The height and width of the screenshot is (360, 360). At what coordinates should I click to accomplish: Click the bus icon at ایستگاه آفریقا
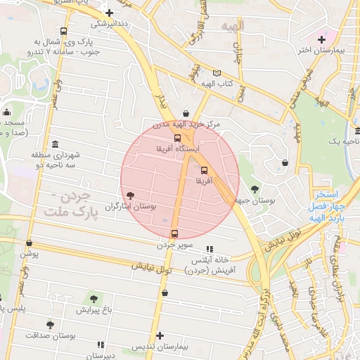(177, 138)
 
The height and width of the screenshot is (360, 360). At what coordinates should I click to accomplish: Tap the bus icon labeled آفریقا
(205, 170)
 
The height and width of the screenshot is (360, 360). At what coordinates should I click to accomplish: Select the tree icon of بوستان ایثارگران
(129, 195)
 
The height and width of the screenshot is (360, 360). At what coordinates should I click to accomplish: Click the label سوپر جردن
(174, 245)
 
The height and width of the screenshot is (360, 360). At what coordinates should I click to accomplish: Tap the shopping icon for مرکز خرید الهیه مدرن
(185, 112)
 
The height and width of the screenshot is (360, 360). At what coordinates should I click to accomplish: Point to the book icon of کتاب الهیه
(217, 73)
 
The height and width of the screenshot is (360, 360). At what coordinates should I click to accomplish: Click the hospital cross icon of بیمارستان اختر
(321, 39)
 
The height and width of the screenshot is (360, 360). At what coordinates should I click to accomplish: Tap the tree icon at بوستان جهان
(254, 188)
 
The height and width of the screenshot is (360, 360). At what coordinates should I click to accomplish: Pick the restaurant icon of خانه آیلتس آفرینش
(209, 249)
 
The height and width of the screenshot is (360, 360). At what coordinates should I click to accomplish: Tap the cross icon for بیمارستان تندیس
(160, 335)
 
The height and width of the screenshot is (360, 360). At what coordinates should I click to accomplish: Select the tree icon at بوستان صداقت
(49, 325)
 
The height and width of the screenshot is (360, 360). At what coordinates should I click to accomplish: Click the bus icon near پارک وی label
(64, 32)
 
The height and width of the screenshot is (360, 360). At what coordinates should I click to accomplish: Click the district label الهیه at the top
(231, 27)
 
